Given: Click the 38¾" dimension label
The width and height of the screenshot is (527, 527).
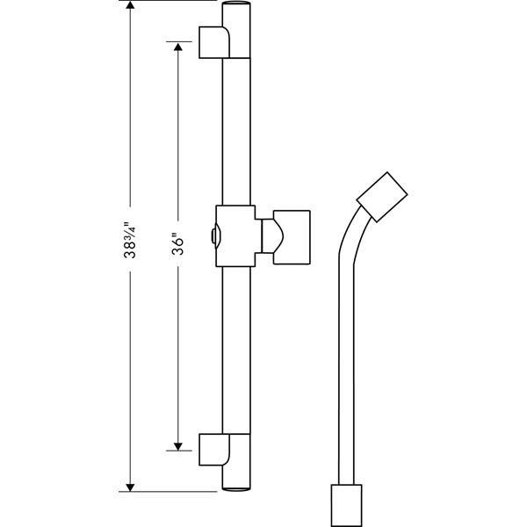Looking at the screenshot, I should click(131, 241).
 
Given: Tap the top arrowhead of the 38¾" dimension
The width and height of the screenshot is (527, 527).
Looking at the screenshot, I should click(131, 7).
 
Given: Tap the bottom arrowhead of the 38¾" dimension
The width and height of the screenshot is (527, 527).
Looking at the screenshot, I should click(131, 484).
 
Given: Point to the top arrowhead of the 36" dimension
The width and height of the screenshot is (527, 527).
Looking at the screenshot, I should click(178, 47).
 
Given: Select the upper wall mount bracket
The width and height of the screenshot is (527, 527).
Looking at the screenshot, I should click(215, 41).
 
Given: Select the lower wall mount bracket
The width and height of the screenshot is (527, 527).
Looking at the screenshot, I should click(215, 449).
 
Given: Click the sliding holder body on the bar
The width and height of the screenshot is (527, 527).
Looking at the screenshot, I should click(235, 235).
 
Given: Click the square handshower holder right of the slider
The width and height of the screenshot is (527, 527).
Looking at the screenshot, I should click(292, 235).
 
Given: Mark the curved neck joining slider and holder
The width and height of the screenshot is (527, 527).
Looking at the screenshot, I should click(269, 235).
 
